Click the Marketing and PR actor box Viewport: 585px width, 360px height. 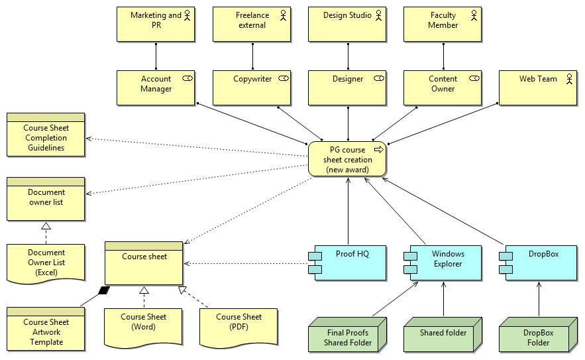tap(156, 25)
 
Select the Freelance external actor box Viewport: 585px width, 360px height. tap(252, 25)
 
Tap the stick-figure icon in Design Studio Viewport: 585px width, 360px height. tap(379, 15)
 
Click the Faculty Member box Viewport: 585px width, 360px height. tap(443, 25)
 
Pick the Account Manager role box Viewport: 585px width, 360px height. tap(156, 88)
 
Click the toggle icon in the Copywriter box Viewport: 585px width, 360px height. tap(284, 79)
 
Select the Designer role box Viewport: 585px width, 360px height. tap(347, 88)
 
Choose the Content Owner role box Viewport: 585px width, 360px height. tap(443, 88)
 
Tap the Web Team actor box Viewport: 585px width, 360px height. tap(538, 88)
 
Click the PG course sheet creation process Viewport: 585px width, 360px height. tap(347, 159)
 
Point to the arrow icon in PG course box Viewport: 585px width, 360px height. tap(379, 150)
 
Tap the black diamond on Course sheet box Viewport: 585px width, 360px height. tap(103, 290)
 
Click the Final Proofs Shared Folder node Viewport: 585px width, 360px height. tap(347, 337)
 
